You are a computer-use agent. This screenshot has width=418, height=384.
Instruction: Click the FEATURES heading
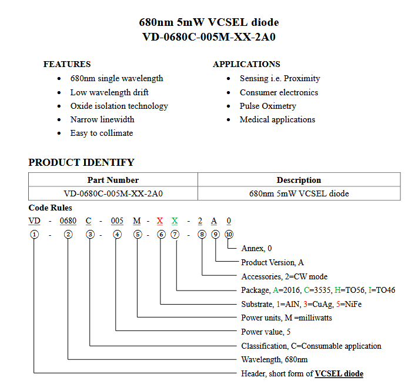pos(67,64)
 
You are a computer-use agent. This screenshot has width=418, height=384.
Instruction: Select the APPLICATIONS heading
pos(246,64)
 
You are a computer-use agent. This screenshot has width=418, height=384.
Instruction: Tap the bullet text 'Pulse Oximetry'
pos(267,106)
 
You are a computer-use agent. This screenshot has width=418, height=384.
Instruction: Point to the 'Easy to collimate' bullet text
pos(102,133)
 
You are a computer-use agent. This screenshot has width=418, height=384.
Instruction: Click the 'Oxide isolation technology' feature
pos(119,106)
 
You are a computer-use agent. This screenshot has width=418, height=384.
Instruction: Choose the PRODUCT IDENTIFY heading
pos(81,162)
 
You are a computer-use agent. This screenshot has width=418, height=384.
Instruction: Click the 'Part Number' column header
pos(113,180)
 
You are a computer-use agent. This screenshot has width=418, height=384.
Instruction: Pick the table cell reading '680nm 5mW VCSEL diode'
pos(299,193)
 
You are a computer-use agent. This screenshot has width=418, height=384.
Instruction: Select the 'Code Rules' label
pos(51,208)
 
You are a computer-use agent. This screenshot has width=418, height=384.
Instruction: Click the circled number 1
pos(35,234)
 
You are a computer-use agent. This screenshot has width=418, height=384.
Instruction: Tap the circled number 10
pos(229,234)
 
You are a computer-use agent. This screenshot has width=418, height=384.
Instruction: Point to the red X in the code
pos(159,221)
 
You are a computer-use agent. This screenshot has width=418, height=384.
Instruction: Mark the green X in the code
pos(175,221)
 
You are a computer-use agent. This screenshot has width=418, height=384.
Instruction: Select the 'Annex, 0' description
pos(256,248)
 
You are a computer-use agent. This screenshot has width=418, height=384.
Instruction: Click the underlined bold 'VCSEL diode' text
pos(339,373)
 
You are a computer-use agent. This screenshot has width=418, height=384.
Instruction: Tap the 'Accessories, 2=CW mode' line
pos(284,276)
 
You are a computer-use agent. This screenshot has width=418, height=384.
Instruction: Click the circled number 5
pos(138,234)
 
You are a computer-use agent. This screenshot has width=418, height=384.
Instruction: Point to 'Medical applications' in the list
pos(277,119)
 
